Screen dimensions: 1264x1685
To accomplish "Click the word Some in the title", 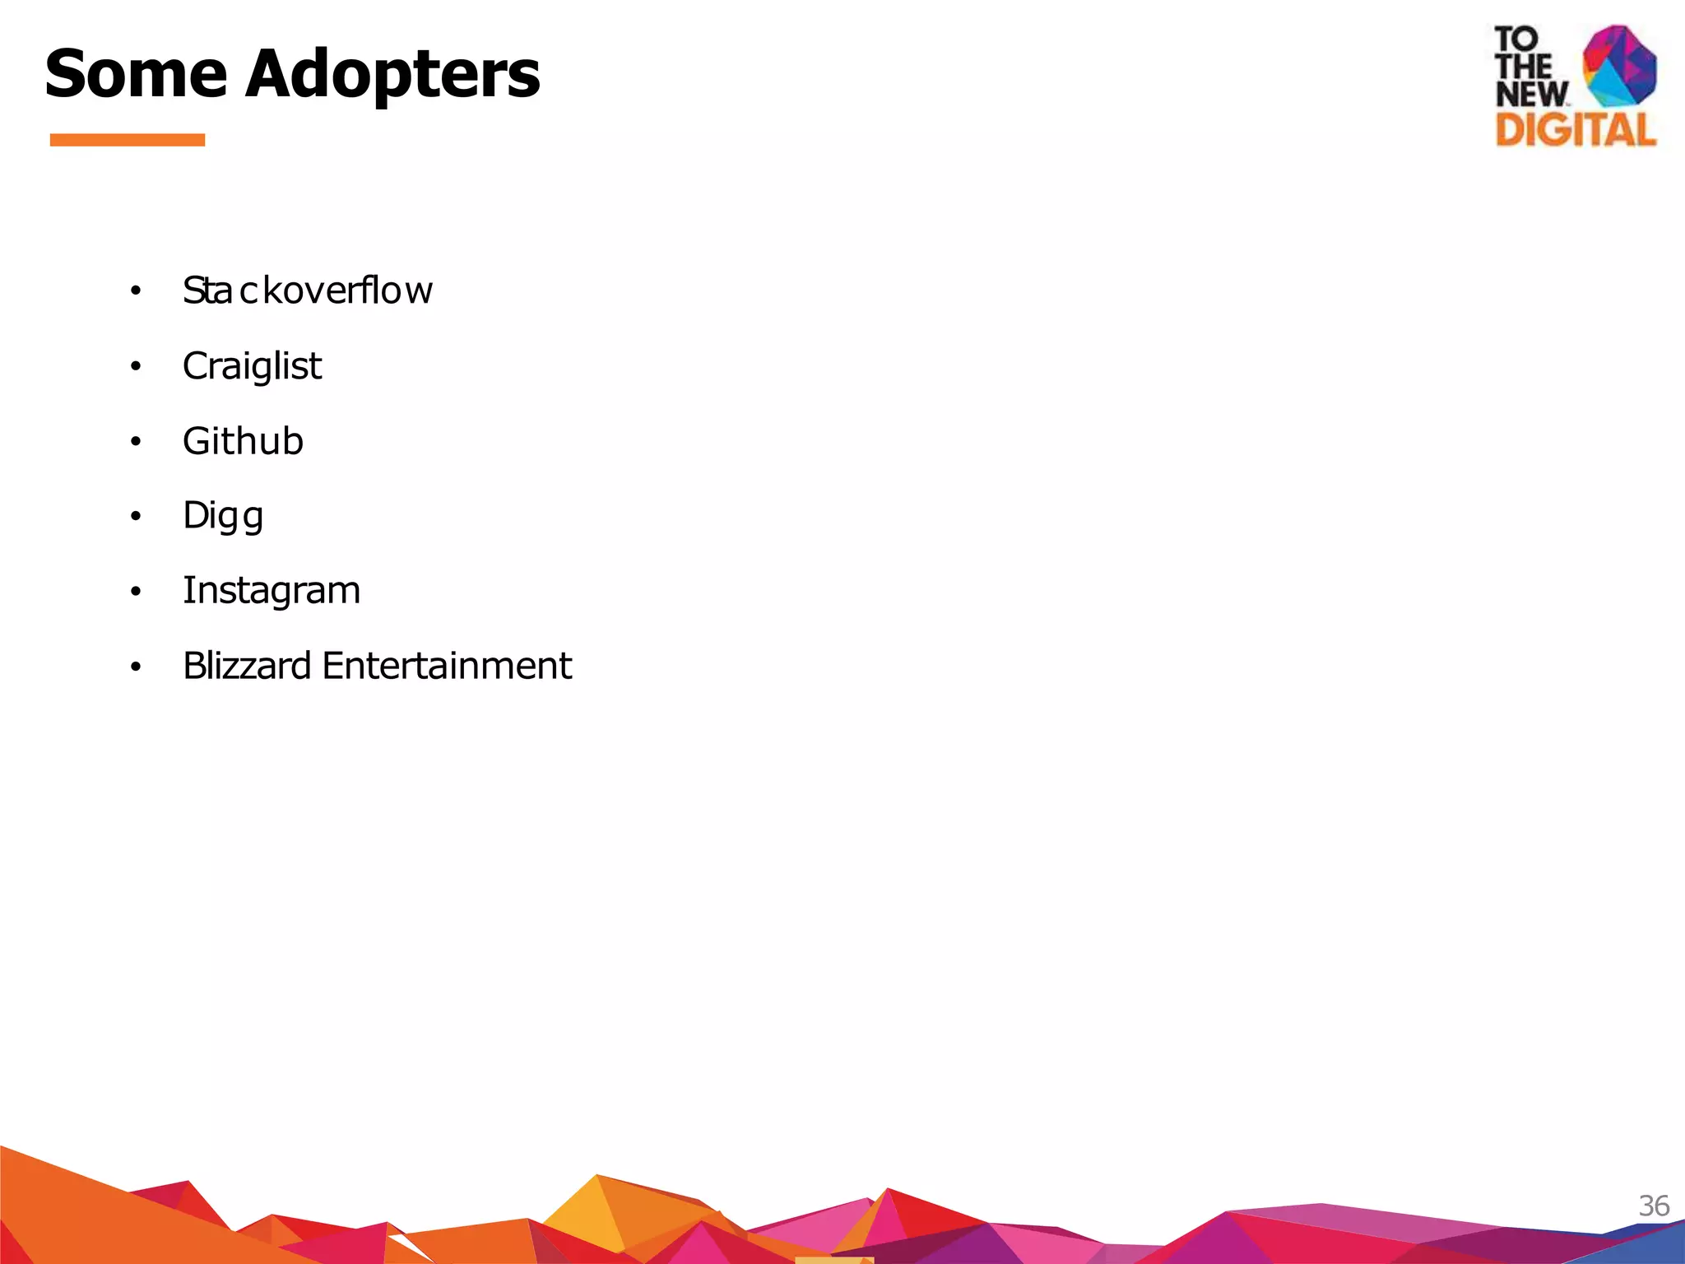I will (135, 74).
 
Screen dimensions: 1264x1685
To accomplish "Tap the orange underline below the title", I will (128, 140).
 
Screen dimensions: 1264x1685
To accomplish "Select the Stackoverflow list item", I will (307, 290).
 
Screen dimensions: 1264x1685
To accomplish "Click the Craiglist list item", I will (252, 366).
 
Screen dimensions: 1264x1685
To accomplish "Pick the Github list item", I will (243, 441).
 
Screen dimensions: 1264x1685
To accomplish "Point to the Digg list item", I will (223, 516).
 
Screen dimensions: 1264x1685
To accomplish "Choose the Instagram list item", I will (272, 591).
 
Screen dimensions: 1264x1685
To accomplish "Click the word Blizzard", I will (247, 666).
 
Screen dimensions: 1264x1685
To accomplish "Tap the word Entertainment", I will (447, 666).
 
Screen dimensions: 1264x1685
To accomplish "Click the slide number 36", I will (1653, 1206).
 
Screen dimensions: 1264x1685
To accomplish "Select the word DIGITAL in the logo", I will (1576, 130).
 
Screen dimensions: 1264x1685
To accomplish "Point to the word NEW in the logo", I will (1531, 94).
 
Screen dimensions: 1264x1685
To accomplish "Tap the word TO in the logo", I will (1516, 39).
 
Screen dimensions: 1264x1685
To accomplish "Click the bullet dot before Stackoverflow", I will (136, 291).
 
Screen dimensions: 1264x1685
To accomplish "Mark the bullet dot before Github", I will (136, 442).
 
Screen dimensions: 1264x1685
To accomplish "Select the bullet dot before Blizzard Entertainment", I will (136, 667).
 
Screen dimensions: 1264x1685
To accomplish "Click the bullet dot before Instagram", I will (136, 592).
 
